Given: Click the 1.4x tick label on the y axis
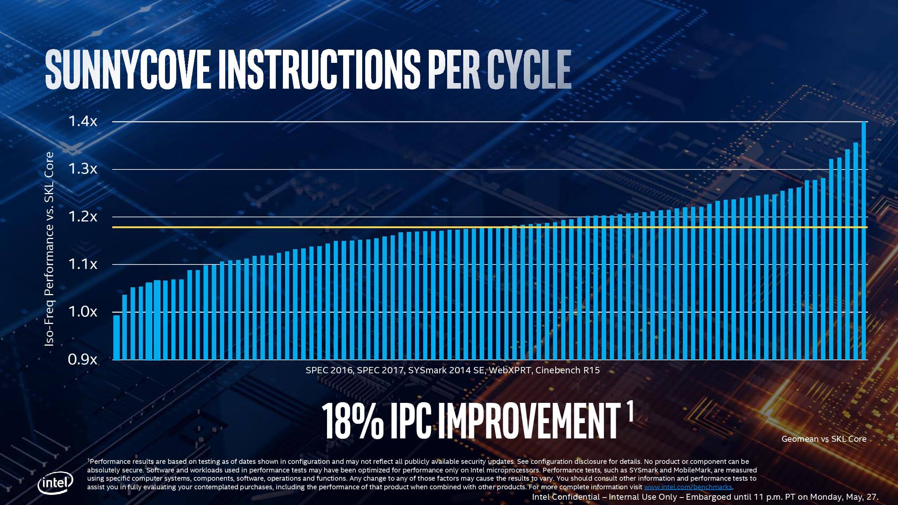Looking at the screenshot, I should (82, 122).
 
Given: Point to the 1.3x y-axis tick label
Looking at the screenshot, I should (82, 169).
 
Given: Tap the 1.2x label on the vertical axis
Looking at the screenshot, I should (82, 217).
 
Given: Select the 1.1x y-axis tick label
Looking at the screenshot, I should (82, 264).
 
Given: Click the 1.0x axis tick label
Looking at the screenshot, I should (82, 312).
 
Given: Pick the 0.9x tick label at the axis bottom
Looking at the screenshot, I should (82, 360).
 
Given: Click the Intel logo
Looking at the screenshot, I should (55, 484).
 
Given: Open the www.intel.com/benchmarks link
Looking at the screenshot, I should (688, 487).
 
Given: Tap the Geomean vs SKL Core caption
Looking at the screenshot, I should (824, 439).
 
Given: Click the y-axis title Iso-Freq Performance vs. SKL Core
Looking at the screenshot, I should (49, 249).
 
